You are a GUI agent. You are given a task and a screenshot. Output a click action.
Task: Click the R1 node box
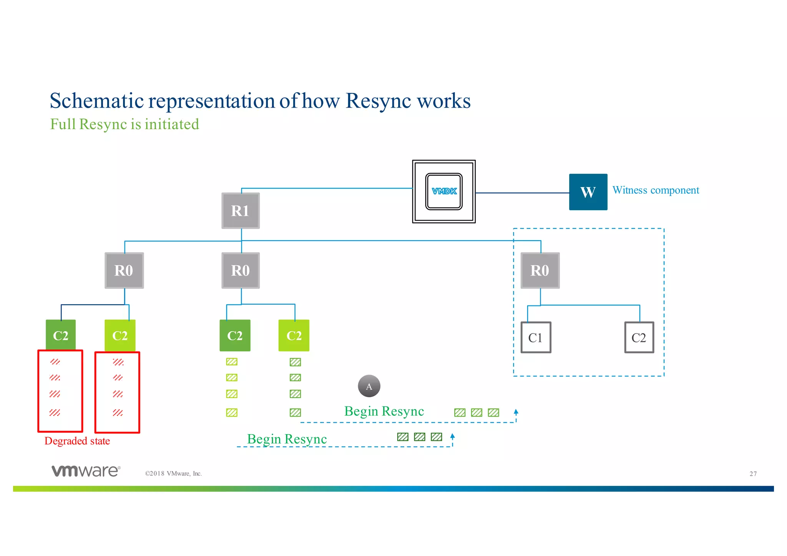(x=241, y=211)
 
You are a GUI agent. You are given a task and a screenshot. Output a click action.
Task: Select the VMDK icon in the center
(x=444, y=191)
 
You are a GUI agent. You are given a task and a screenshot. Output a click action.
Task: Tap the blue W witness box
(x=588, y=192)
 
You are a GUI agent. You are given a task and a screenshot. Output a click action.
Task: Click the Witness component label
(x=656, y=190)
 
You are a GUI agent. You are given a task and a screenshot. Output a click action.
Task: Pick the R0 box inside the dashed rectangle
(x=540, y=271)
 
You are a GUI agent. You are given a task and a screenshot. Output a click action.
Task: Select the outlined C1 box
(x=536, y=337)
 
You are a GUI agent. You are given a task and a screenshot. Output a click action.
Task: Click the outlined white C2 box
(x=639, y=337)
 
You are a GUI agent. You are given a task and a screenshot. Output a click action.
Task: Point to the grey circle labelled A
(x=369, y=386)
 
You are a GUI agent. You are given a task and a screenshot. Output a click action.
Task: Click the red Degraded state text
(x=77, y=441)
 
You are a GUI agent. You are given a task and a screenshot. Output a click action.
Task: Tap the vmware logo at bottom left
(x=86, y=471)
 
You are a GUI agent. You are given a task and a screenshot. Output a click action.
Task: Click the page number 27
(x=753, y=474)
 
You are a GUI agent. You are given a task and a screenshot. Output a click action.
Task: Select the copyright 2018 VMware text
(x=173, y=473)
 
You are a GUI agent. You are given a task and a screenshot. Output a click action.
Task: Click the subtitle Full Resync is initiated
(x=125, y=124)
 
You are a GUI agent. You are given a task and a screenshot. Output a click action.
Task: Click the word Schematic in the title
(x=96, y=101)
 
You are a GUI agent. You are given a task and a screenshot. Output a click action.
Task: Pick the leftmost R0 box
(x=124, y=271)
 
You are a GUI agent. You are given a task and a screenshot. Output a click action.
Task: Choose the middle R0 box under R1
(x=241, y=271)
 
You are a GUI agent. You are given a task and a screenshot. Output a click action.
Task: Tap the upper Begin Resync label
(x=384, y=411)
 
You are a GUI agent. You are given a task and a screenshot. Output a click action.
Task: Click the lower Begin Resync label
(x=287, y=439)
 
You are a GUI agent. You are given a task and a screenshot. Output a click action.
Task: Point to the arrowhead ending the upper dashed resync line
(x=516, y=412)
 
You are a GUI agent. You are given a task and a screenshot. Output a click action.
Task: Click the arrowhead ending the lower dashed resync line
(x=453, y=436)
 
